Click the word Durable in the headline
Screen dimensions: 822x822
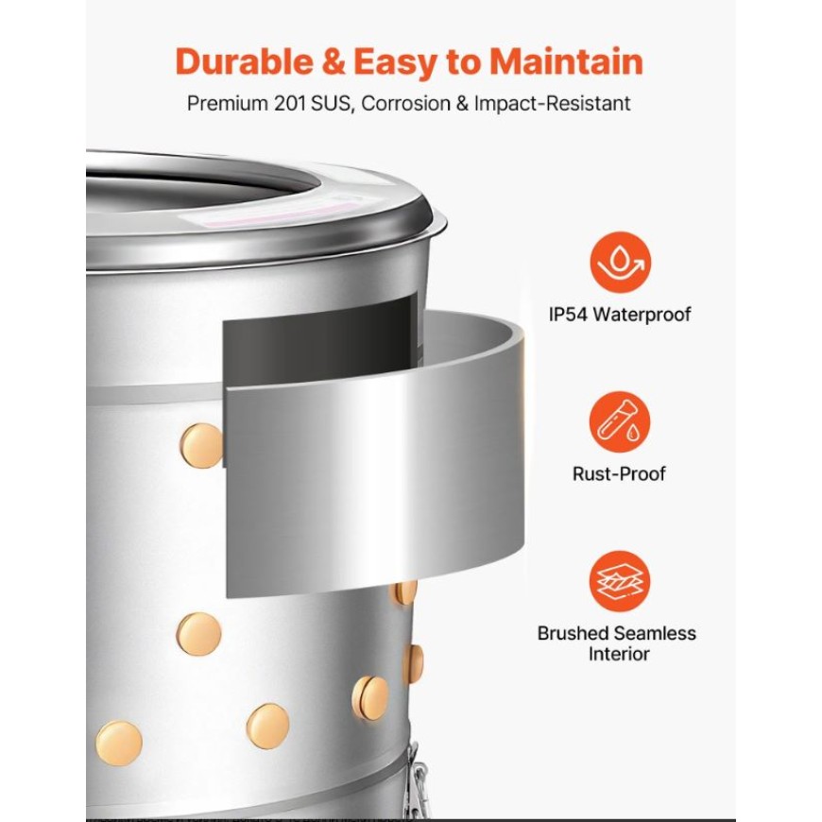[244, 61]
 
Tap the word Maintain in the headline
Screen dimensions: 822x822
[566, 61]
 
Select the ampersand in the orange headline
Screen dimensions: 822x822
[334, 61]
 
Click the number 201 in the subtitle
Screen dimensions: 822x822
[290, 103]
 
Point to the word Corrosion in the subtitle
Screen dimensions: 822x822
[405, 103]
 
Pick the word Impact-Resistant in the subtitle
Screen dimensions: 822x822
[552, 103]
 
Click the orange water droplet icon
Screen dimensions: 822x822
[620, 262]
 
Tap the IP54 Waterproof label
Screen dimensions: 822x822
[620, 315]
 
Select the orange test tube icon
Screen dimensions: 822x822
[620, 422]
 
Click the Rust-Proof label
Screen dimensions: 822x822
[619, 474]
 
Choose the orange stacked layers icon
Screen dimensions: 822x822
[620, 581]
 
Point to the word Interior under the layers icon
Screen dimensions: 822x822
[619, 654]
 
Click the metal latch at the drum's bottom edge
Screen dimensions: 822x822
[419, 781]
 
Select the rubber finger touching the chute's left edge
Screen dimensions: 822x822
[202, 446]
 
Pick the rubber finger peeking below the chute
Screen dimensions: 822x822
[404, 591]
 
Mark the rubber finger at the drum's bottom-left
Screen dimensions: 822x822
[119, 744]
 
